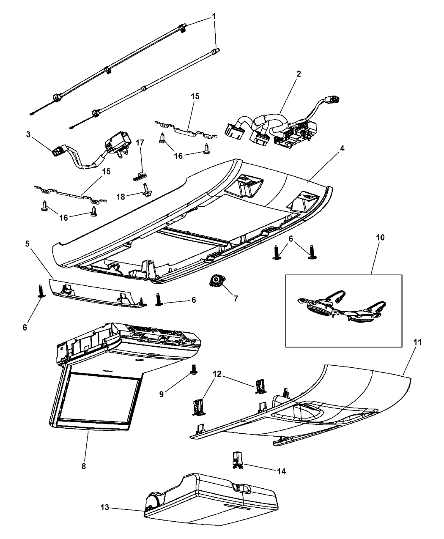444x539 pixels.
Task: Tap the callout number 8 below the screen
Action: point(84,466)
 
